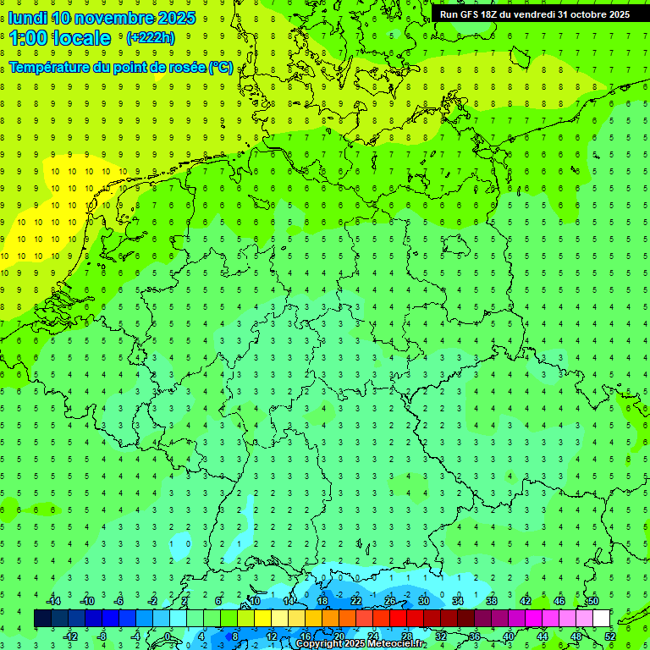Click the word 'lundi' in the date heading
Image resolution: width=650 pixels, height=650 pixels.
point(27,18)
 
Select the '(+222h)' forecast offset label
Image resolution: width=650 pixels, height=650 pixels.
point(150,37)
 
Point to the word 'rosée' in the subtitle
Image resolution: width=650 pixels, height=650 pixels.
point(185,67)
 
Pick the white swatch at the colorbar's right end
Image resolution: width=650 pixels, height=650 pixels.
point(602,619)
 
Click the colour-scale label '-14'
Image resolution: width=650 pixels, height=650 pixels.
point(53,601)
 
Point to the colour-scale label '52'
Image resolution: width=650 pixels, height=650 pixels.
point(611,636)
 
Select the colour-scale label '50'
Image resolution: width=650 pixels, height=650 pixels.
point(592,601)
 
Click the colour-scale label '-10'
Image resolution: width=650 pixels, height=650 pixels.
point(87,601)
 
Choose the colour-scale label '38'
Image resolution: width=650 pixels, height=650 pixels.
point(492,601)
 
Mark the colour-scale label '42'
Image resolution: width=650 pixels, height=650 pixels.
point(526,601)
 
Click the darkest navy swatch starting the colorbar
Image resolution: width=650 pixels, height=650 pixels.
point(42,619)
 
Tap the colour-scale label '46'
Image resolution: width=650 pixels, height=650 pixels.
point(559,601)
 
